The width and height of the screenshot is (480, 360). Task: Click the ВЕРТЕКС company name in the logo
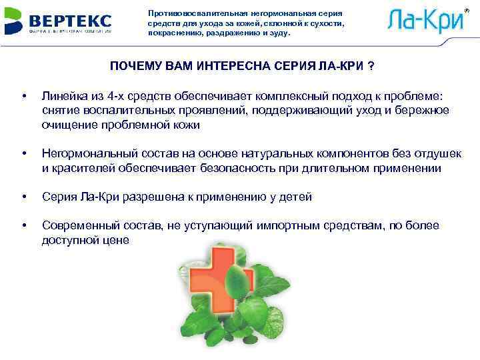(73, 18)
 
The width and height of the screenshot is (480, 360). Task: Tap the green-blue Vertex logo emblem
(15, 21)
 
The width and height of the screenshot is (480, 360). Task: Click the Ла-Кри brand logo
(425, 20)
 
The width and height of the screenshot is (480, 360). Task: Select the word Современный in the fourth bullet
(77, 227)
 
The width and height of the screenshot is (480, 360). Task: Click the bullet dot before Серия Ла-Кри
(25, 198)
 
